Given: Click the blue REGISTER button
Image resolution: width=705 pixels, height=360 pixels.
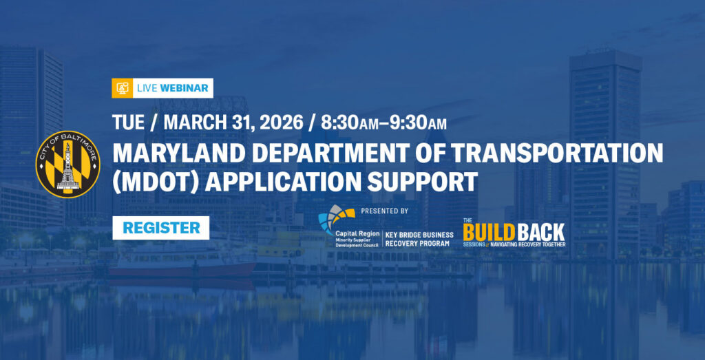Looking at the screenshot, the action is [160, 228].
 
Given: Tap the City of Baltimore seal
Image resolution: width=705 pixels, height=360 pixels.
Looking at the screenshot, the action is [68, 165].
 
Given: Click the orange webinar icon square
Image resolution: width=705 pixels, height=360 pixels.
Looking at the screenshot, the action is [123, 88].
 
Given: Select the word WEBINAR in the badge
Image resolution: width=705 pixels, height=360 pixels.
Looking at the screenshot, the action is [184, 88].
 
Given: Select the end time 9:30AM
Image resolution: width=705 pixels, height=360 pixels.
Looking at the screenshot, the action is [418, 122].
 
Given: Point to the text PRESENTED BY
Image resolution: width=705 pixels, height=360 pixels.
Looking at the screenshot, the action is [384, 211].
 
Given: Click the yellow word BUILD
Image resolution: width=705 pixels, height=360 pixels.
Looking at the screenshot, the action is [489, 233].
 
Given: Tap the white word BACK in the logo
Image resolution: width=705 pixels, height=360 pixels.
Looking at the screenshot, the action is [540, 233].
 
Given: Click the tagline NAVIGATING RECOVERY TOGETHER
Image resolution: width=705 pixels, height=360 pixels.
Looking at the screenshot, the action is [527, 245].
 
